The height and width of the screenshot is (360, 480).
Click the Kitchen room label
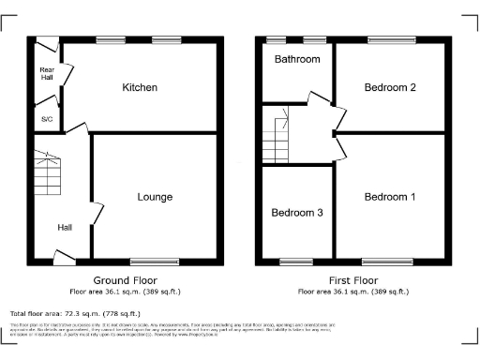click(x=139, y=88)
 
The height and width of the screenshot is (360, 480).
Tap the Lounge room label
click(x=155, y=197)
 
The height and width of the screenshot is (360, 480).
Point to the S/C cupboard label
click(x=46, y=120)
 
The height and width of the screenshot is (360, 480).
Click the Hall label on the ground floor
click(x=65, y=227)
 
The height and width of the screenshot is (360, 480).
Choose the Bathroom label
click(x=297, y=59)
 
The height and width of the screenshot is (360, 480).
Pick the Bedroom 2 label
click(x=390, y=88)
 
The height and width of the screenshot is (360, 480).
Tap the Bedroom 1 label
click(x=390, y=197)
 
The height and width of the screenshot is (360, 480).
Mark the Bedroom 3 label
click(x=297, y=213)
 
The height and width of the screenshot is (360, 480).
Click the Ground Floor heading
click(x=125, y=280)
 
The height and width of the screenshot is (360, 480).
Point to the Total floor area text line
click(x=75, y=313)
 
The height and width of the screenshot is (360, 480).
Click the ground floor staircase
click(x=46, y=173)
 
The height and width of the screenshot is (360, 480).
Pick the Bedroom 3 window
click(x=297, y=260)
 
